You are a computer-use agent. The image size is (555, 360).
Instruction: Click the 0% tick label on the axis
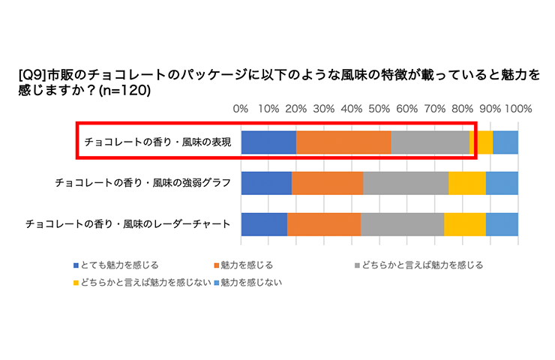coord(241,109)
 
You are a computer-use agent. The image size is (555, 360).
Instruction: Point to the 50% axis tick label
coord(379,109)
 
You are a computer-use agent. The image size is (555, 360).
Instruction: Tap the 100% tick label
coord(518,109)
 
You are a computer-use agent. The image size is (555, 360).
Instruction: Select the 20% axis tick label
coord(295,109)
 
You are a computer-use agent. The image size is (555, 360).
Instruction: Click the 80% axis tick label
coord(462,109)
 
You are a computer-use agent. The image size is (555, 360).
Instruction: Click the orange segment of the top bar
coord(343,142)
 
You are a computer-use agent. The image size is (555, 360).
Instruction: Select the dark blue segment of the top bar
coord(268,142)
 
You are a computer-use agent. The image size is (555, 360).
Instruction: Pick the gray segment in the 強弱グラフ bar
coord(406,183)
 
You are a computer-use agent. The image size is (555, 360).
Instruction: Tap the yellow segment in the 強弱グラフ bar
coord(467,183)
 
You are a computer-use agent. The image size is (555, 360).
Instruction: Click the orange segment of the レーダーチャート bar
coord(324,224)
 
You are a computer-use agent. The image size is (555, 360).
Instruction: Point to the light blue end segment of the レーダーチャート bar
coord(502,224)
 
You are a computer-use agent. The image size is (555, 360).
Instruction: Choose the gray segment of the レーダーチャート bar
coord(403,224)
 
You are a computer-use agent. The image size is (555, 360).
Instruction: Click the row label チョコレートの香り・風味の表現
coord(157,142)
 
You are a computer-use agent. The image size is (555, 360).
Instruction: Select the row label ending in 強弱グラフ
coord(142,183)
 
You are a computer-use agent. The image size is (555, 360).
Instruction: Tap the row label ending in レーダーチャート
coord(128,224)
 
